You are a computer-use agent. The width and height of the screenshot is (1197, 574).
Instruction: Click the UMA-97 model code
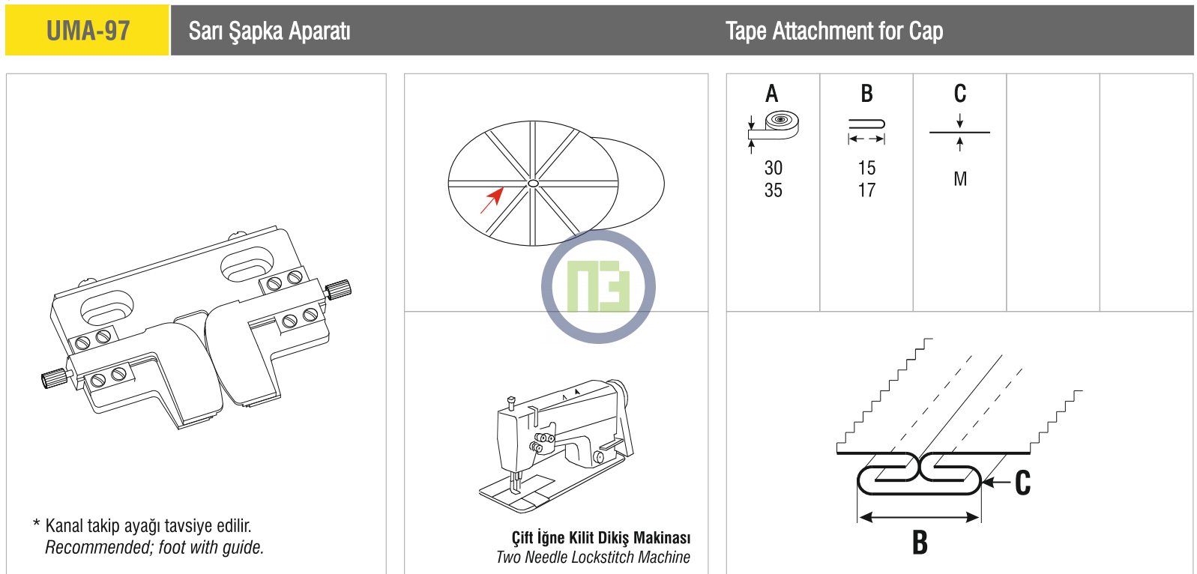(88, 31)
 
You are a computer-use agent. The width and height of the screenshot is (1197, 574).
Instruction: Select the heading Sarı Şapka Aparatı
(269, 31)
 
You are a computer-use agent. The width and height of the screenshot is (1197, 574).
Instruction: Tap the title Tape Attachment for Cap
(834, 31)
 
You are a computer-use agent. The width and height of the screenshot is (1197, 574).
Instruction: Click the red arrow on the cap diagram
(492, 200)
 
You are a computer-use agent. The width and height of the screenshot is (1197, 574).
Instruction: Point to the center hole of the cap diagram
(533, 184)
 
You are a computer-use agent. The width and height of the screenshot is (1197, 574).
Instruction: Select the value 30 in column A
(774, 168)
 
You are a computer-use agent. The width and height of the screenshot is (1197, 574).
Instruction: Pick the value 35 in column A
(774, 190)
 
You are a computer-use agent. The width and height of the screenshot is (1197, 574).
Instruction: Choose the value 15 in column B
(866, 168)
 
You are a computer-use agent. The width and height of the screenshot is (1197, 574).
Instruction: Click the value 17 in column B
(866, 190)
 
